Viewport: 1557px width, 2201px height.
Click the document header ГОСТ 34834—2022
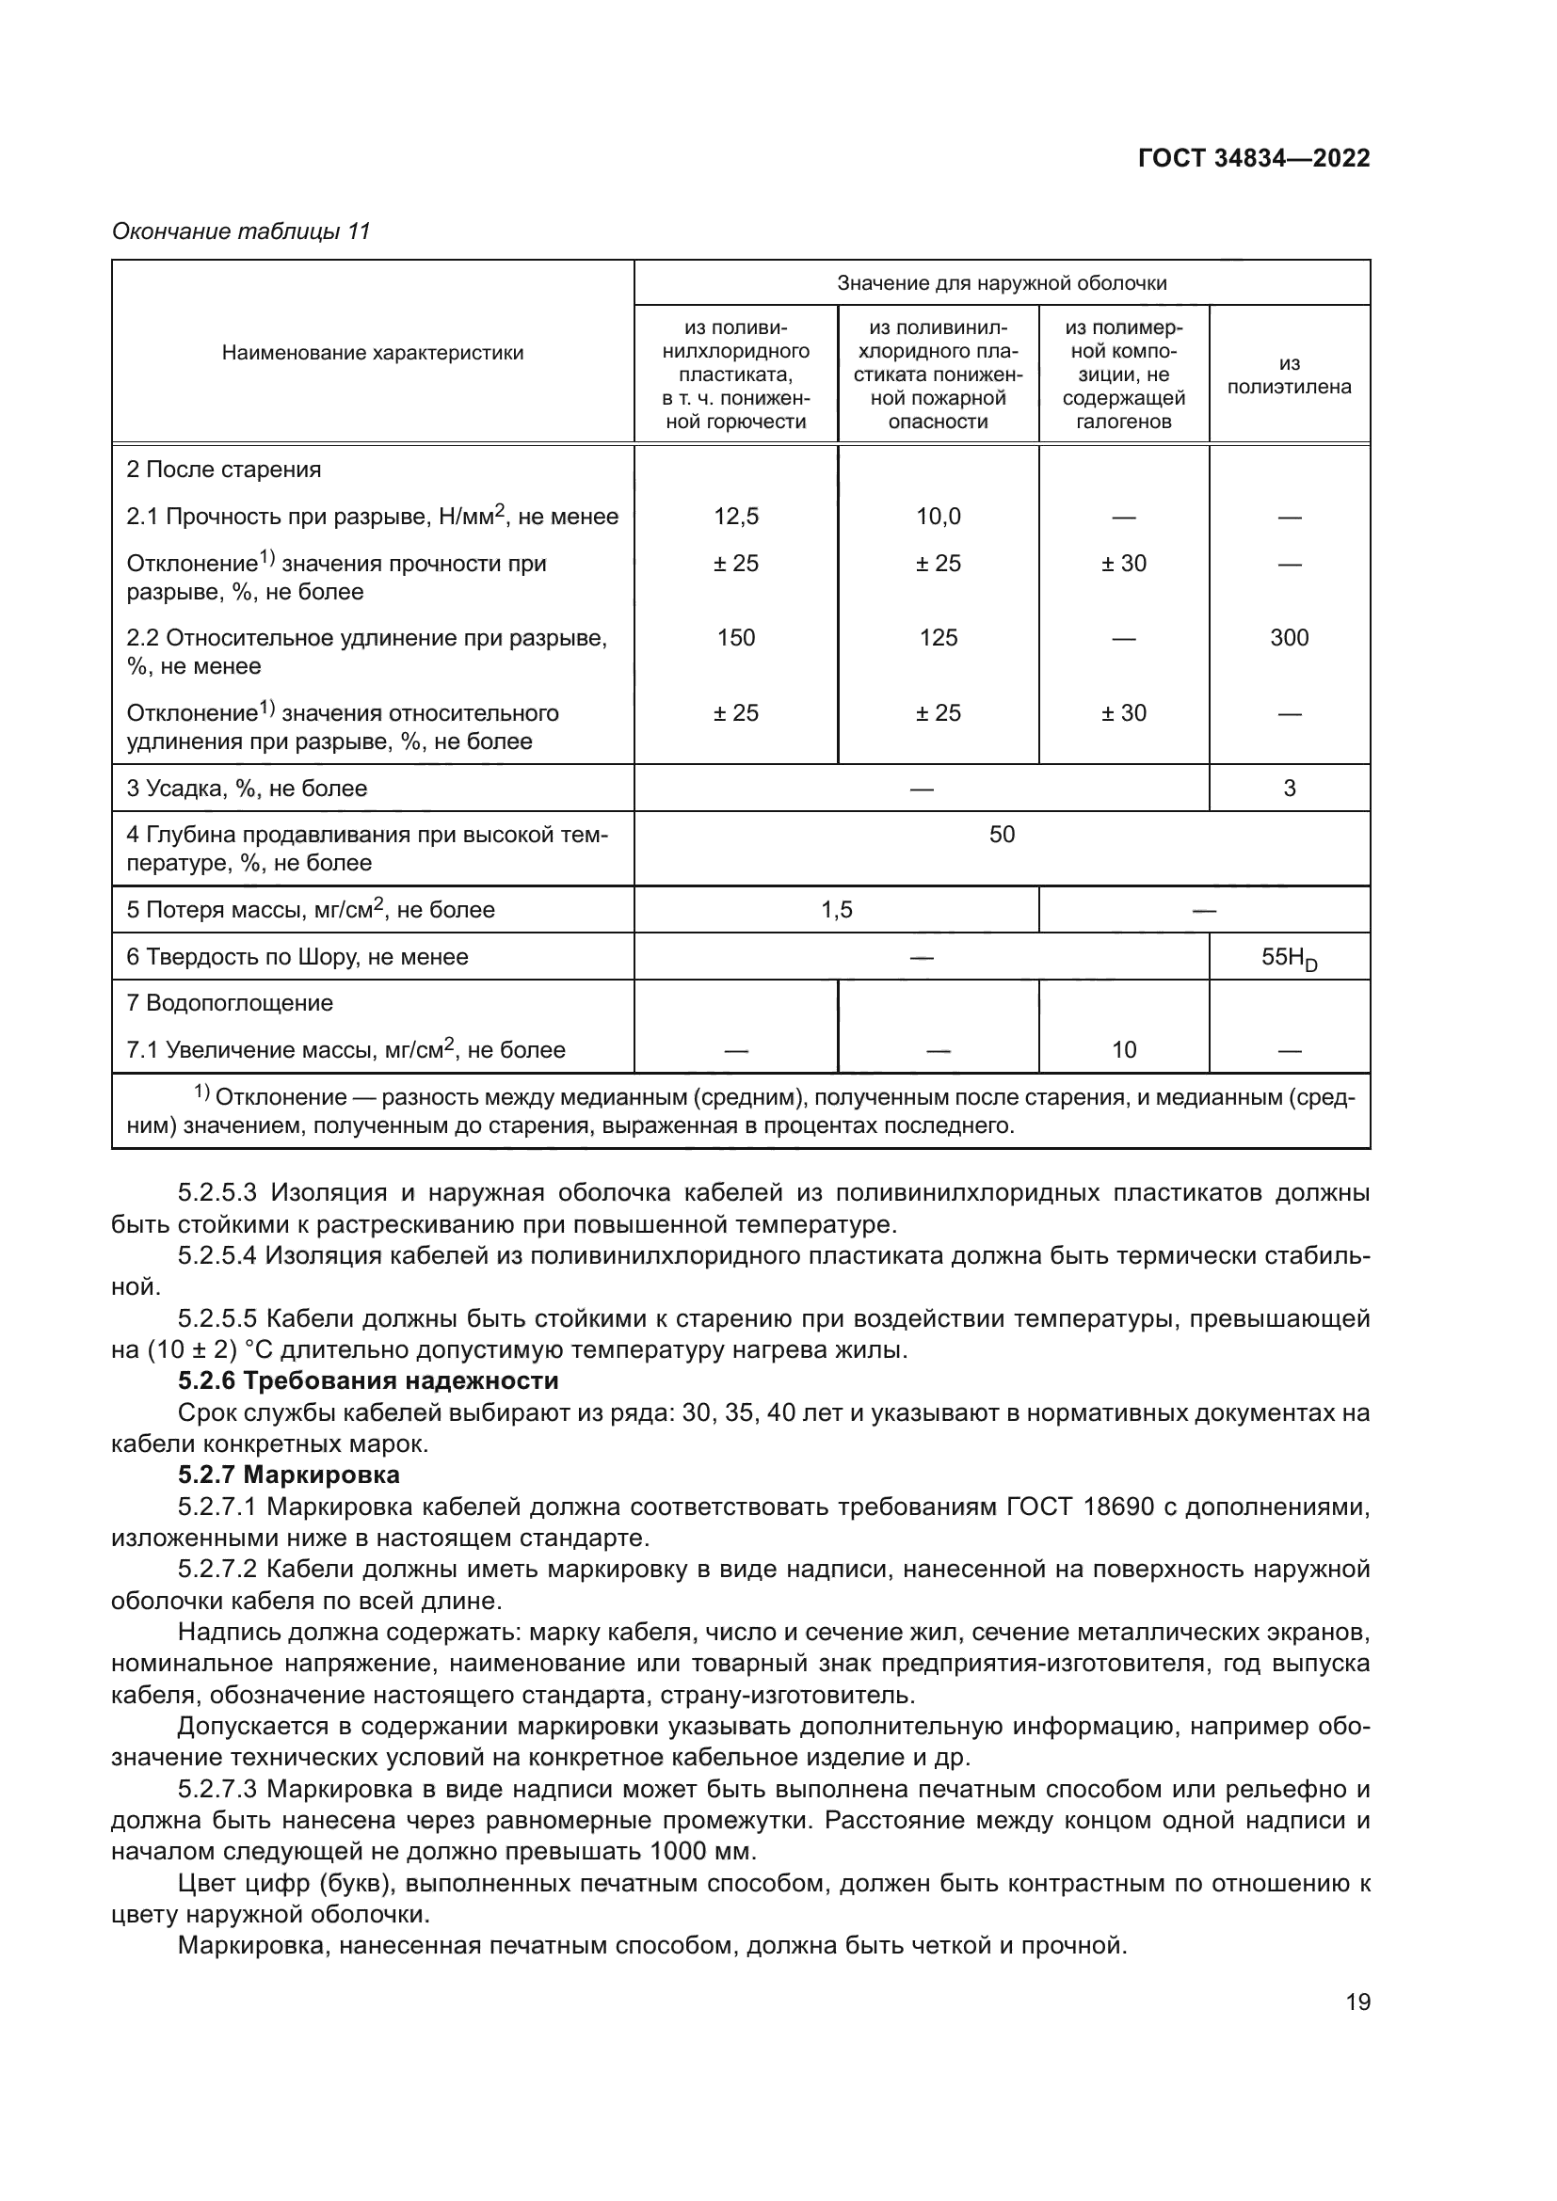tap(1253, 159)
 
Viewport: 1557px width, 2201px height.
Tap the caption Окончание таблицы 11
tap(241, 231)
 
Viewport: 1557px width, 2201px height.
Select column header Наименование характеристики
tap(373, 353)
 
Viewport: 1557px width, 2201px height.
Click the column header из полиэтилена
tap(1289, 375)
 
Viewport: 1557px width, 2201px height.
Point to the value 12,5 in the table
tap(735, 517)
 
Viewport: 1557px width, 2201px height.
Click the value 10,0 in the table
tap(938, 517)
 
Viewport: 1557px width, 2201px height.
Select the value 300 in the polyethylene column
tap(1289, 637)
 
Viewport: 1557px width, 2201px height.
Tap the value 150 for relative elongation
tap(735, 637)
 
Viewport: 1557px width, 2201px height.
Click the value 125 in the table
tap(938, 637)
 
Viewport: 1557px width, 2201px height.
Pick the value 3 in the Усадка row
tap(1289, 788)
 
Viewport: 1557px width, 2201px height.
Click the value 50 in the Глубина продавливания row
tap(1001, 835)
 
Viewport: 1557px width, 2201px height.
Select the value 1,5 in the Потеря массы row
tap(836, 910)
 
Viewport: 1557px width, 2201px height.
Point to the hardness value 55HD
tap(1289, 958)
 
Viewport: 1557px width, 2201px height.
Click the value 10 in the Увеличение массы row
tap(1124, 1050)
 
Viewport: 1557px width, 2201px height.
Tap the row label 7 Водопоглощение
tap(230, 1004)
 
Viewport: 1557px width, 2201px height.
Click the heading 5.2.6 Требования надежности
tap(368, 1381)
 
